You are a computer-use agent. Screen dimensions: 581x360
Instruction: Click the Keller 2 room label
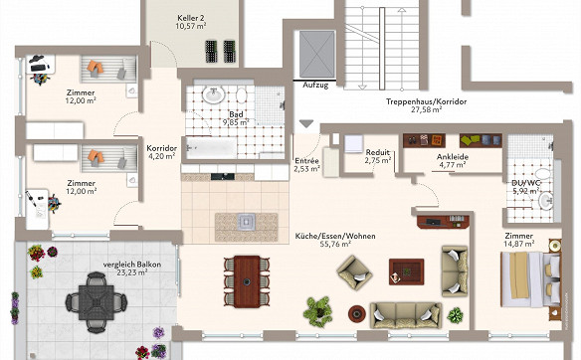click(x=191, y=18)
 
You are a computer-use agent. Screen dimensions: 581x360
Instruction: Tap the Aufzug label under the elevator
click(x=315, y=85)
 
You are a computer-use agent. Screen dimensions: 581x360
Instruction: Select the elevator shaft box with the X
click(x=316, y=54)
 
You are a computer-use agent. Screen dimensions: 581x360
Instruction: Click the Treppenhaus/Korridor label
click(x=426, y=101)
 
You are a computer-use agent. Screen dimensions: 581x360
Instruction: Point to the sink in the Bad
click(x=213, y=94)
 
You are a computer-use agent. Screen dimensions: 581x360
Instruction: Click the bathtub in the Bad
click(x=212, y=148)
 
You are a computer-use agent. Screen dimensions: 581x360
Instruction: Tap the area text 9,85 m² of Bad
click(x=236, y=122)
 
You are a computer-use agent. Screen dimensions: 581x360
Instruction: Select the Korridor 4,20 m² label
click(x=161, y=152)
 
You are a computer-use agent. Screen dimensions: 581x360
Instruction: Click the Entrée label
click(x=306, y=161)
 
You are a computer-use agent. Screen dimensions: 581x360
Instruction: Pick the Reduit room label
click(x=378, y=152)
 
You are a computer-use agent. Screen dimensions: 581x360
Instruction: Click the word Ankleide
click(x=453, y=157)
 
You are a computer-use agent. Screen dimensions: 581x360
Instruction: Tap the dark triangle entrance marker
click(x=306, y=123)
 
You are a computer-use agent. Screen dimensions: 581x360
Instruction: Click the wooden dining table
click(x=247, y=281)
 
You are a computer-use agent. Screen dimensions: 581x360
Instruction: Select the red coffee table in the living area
click(x=406, y=271)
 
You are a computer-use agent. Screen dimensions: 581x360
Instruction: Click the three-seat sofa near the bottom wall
click(x=406, y=315)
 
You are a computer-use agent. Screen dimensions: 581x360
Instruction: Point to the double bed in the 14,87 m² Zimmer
click(x=530, y=279)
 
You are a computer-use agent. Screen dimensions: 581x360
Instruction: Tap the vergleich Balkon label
click(x=132, y=265)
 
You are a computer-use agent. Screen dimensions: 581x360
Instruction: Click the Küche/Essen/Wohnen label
click(x=335, y=236)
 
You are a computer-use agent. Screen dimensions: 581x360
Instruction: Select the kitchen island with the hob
click(x=247, y=227)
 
